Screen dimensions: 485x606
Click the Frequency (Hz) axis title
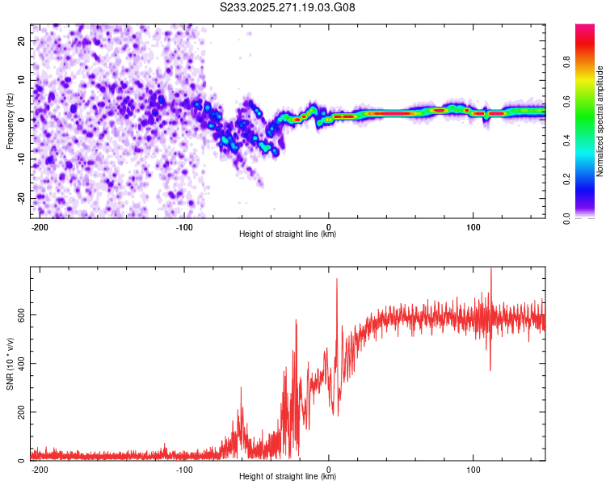click(10, 120)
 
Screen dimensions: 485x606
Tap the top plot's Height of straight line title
click(288, 234)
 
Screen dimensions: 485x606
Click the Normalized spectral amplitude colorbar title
click(600, 120)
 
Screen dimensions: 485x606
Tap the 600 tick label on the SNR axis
click(19, 314)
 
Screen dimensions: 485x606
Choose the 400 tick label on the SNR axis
click(19, 364)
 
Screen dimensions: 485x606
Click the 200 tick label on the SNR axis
click(19, 412)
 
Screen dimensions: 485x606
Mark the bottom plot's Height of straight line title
click(288, 477)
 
